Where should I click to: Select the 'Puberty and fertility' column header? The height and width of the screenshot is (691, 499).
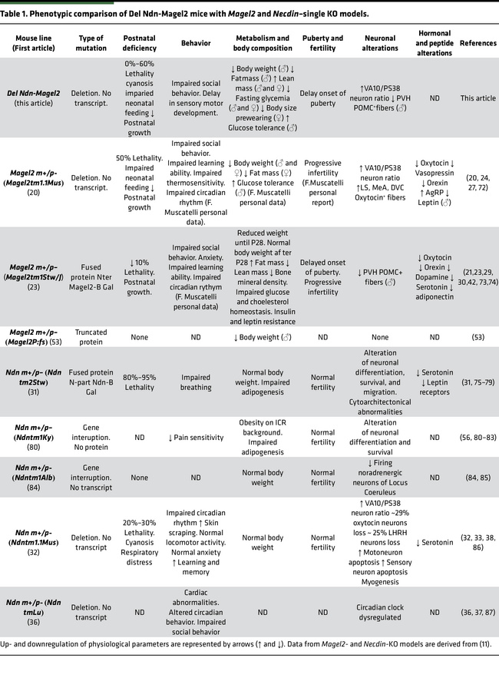(x=323, y=41)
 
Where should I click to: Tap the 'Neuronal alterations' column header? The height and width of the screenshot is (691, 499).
(x=379, y=41)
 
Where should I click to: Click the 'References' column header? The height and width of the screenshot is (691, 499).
(x=478, y=43)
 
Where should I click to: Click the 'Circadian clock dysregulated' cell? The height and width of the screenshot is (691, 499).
(x=379, y=613)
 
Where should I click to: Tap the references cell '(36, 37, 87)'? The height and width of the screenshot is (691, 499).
(x=478, y=613)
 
